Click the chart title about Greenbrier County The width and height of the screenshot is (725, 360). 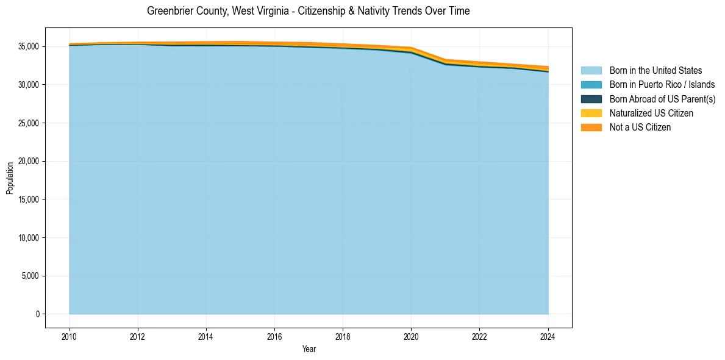[309, 11]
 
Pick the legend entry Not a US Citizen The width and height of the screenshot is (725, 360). [640, 128]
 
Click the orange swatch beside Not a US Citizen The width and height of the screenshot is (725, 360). [591, 128]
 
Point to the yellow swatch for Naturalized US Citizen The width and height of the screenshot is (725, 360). [591, 113]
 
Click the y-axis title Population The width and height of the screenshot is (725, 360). [10, 178]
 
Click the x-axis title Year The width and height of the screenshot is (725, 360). [309, 349]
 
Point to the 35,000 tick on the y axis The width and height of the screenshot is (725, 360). [28, 46]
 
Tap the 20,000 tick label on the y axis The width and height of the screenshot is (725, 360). [28, 161]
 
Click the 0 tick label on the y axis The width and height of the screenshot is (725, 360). [37, 314]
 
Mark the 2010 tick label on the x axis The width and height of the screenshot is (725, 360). [70, 336]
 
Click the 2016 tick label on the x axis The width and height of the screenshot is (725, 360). [274, 336]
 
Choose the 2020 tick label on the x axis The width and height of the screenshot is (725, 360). [411, 336]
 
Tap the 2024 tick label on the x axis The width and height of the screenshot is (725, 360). [548, 336]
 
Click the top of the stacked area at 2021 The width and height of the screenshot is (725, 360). [446, 59]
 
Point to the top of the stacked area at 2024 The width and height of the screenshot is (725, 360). [548, 67]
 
